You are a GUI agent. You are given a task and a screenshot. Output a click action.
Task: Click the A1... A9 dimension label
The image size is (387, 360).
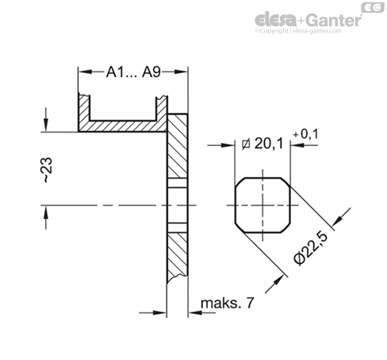[133, 71]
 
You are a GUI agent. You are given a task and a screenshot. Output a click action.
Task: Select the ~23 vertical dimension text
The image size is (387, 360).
[47, 170]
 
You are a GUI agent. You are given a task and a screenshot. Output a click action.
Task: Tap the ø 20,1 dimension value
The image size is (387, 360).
[262, 144]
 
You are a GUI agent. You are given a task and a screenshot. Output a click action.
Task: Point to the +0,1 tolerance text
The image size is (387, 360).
[305, 134]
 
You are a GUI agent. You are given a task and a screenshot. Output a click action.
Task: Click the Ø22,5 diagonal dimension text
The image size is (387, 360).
[312, 247]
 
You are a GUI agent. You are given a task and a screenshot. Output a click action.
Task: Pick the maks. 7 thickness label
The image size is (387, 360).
[228, 303]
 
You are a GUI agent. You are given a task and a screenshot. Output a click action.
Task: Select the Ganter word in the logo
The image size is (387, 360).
[334, 20]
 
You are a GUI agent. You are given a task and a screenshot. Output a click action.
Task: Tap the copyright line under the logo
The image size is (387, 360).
[298, 31]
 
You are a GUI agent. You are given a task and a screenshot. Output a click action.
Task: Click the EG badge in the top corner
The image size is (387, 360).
[373, 7]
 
